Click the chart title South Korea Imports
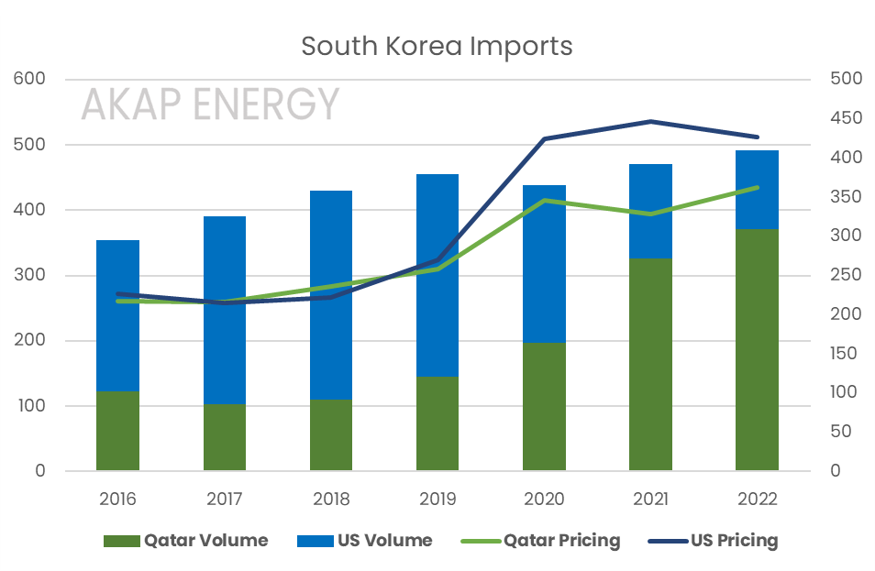pos(437,46)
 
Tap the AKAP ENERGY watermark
pos(210,104)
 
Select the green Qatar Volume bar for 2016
pos(117,431)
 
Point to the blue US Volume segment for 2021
pos(650,211)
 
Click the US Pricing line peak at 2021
pos(650,121)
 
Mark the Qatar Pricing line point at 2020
pos(544,200)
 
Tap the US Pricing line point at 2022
pos(757,137)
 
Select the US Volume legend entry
pos(364,540)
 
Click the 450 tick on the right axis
pos(846,118)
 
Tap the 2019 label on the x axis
pos(437,500)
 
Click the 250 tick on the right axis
pos(846,275)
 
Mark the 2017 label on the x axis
pos(225,500)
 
